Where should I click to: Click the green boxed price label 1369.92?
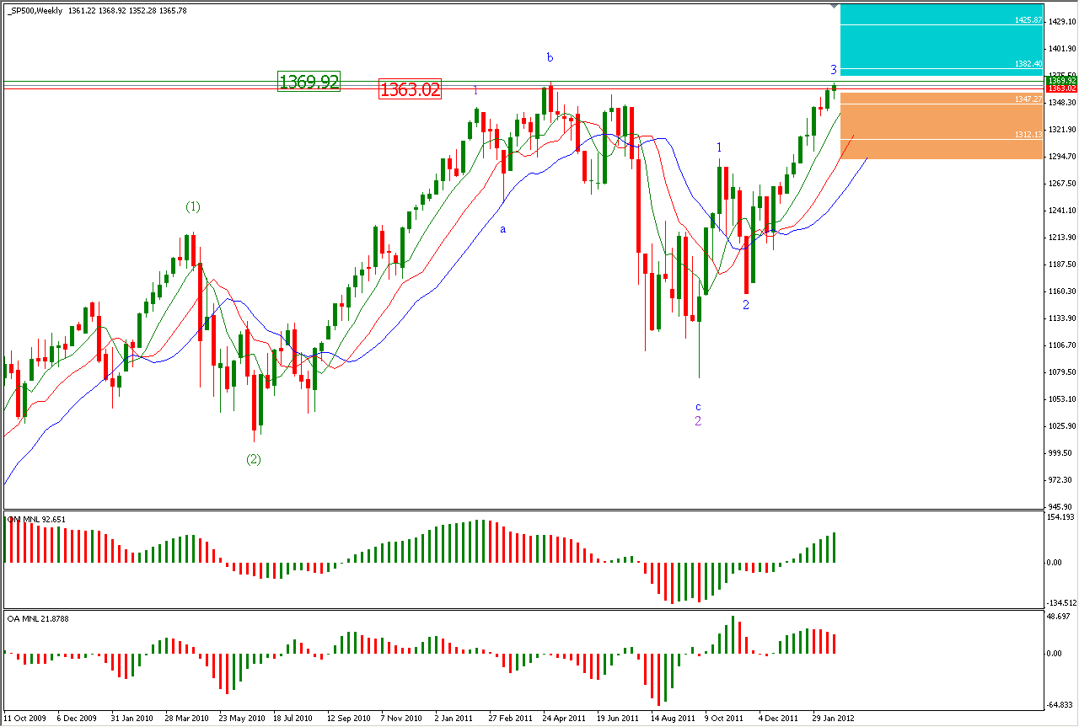[309, 82]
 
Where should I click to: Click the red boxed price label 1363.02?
[411, 89]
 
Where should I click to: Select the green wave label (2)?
[254, 459]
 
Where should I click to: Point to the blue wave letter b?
[550, 57]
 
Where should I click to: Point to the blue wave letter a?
[503, 228]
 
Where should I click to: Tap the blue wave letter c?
[698, 406]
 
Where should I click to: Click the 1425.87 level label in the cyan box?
[1029, 19]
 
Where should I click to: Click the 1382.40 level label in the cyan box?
[1029, 63]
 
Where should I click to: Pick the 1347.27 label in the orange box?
[1029, 99]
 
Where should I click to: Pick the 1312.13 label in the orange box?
[1029, 134]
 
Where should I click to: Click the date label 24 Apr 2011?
[565, 719]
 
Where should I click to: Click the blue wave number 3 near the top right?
[833, 69]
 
